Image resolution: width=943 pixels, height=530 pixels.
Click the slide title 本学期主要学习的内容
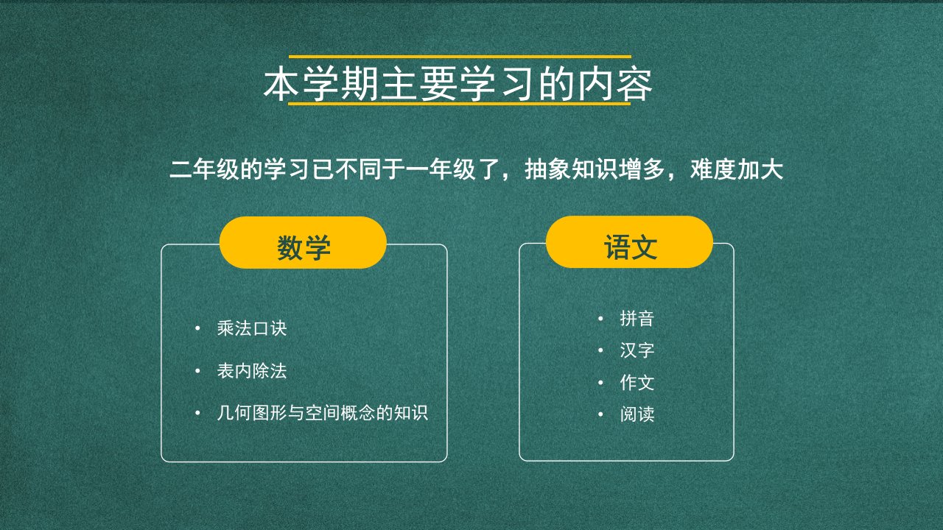[x=458, y=84]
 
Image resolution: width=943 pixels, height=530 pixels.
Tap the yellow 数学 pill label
[x=303, y=243]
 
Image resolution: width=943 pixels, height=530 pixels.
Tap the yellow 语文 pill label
[x=629, y=242]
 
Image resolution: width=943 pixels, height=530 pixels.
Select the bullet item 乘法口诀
[x=252, y=328]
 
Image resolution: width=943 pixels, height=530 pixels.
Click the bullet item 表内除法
[x=252, y=371]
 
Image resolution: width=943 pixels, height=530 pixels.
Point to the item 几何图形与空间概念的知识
[x=323, y=413]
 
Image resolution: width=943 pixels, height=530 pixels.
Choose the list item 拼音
[x=637, y=319]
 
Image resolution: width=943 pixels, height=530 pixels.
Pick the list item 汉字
[x=637, y=350]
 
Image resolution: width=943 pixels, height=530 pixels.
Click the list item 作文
[x=637, y=382]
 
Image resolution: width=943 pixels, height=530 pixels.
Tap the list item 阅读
[x=637, y=414]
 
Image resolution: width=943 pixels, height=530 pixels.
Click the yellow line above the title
[x=460, y=57]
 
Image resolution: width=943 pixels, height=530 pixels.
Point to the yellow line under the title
[x=460, y=103]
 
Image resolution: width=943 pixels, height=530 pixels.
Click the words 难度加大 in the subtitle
[x=737, y=169]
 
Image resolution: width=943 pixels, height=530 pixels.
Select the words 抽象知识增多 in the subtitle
[x=595, y=169]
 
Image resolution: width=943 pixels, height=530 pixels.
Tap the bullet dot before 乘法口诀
[x=197, y=328]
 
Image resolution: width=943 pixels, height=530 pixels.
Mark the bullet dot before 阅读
[x=600, y=414]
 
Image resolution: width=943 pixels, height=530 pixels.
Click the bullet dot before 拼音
[x=600, y=319]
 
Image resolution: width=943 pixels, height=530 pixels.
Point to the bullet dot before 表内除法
[x=197, y=371]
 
